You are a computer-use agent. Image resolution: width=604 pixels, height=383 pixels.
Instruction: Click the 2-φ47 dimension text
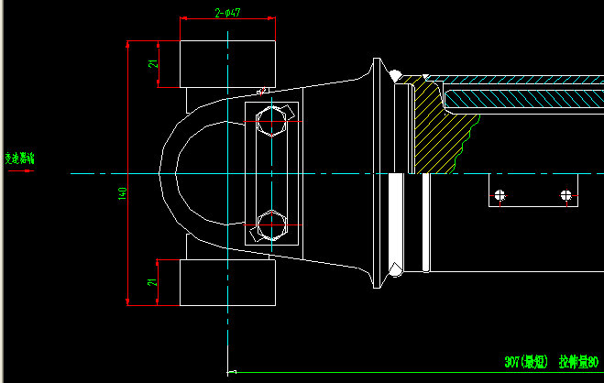click(x=227, y=13)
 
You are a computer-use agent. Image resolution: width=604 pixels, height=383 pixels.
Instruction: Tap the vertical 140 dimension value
click(x=122, y=194)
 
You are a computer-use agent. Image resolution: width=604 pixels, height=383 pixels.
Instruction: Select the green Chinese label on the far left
click(x=19, y=159)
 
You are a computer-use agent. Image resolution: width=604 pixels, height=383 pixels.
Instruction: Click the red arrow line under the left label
click(x=19, y=169)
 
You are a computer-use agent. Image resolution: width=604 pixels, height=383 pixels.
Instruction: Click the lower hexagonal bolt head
click(x=272, y=224)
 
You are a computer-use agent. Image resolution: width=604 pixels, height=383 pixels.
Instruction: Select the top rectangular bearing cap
click(x=227, y=64)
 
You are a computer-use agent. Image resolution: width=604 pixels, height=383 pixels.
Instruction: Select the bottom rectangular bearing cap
click(x=227, y=282)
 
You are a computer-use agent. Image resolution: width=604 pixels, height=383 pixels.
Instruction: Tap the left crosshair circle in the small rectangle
click(x=500, y=194)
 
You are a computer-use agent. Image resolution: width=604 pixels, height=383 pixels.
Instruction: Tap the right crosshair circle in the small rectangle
click(x=566, y=194)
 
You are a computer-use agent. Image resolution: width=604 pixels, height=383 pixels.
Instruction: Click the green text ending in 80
click(x=579, y=363)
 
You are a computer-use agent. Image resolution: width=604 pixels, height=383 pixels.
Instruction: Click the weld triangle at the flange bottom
click(x=396, y=270)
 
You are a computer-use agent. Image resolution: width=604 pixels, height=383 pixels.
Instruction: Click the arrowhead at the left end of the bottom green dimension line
click(x=231, y=372)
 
